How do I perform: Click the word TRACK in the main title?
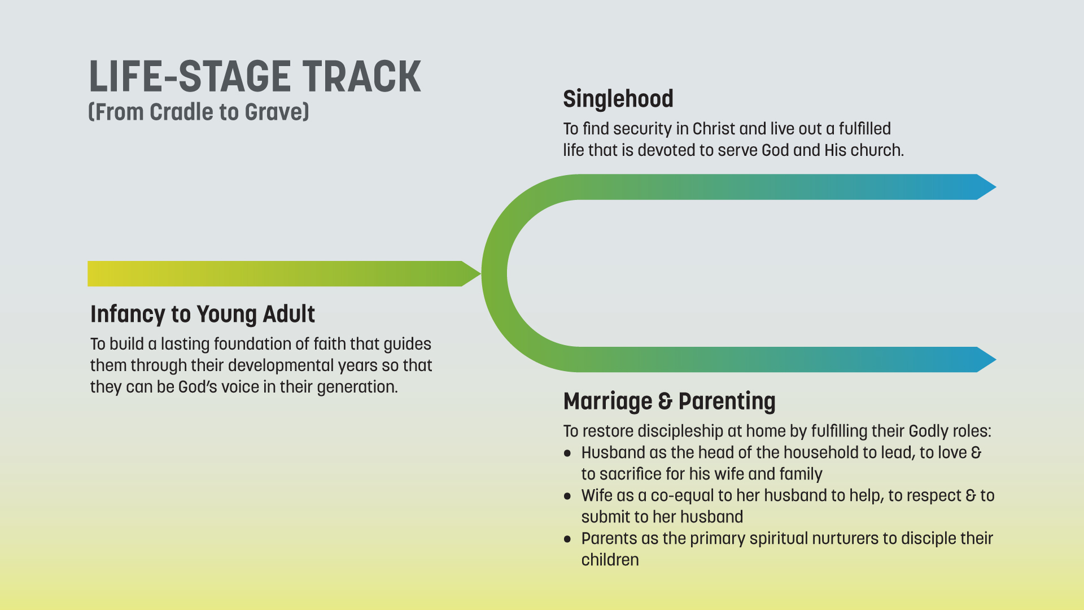click(361, 77)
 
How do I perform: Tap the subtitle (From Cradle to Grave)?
click(199, 112)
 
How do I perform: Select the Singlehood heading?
click(618, 99)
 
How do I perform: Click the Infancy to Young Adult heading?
click(203, 314)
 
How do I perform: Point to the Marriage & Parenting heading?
click(670, 401)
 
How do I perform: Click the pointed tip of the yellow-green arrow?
click(480, 274)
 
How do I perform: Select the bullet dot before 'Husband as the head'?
click(567, 454)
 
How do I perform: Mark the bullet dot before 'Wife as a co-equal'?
click(567, 496)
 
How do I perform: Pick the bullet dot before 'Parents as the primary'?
click(567, 539)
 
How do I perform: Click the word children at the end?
click(610, 560)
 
